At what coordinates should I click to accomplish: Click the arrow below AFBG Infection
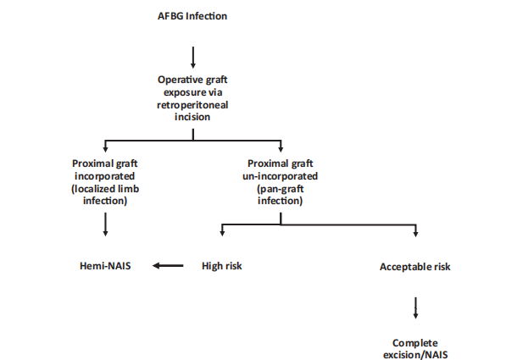(194, 57)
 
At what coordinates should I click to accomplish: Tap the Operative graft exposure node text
(194, 85)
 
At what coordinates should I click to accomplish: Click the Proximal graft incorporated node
(105, 169)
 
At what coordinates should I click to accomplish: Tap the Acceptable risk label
(415, 267)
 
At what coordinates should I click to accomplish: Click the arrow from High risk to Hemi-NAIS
(170, 266)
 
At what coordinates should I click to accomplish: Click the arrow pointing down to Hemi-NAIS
(105, 223)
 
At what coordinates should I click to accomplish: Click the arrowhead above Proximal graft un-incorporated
(281, 150)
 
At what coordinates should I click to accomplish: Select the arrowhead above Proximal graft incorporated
(105, 150)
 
